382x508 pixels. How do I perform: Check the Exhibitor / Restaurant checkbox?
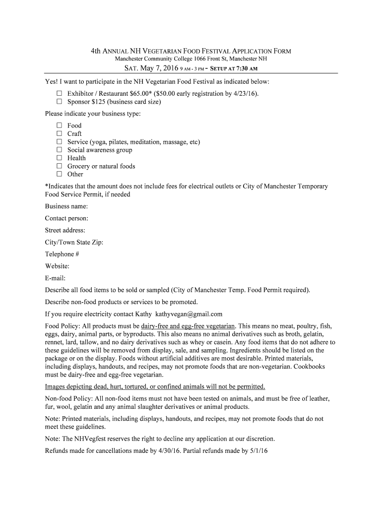59,93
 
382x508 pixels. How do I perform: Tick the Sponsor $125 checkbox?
59,102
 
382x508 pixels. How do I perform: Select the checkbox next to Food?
59,126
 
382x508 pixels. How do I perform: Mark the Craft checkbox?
59,133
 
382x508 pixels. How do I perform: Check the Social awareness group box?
59,150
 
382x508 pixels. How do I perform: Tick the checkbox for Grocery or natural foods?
59,166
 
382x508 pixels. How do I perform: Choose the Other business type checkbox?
59,174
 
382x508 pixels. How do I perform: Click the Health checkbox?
59,158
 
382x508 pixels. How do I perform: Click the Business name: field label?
66,206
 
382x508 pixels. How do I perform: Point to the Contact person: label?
66,218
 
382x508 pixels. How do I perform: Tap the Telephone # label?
62,254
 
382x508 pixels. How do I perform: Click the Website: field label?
57,266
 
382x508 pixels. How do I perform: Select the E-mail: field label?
55,278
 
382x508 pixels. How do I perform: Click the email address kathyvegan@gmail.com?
189,314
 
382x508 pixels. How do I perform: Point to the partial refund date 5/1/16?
257,451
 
